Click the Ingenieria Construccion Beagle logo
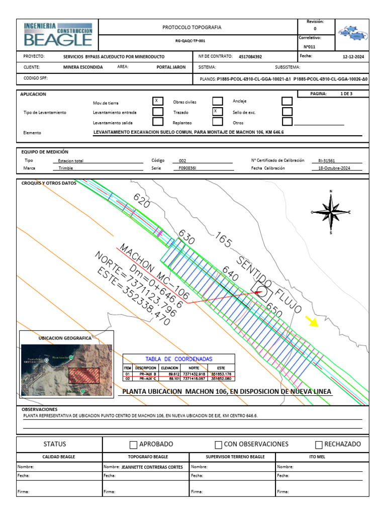pos(58,34)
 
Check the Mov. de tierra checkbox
pos(158,101)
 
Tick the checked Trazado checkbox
pos(217,111)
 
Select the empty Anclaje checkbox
pos(287,102)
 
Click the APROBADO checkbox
pos(133,445)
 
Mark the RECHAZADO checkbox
pos(319,445)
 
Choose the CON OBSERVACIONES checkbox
pos(218,445)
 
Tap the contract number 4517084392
pos(250,57)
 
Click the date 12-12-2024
pos(353,57)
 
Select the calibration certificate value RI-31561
pos(327,160)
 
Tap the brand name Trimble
pos(66,168)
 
